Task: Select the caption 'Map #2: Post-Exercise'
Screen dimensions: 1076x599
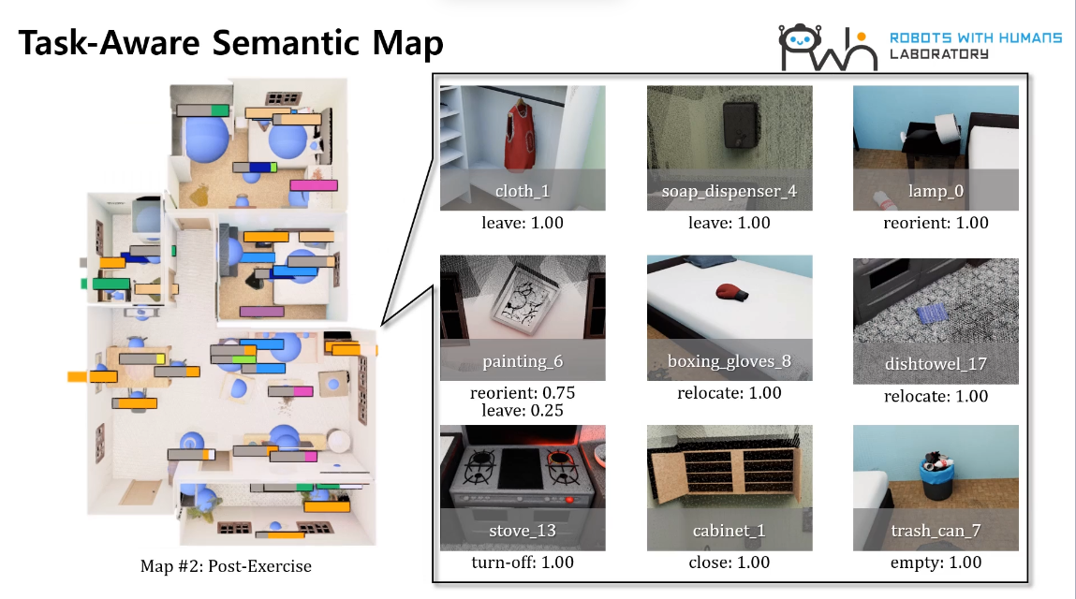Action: click(226, 566)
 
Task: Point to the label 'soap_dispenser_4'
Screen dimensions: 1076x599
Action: click(730, 192)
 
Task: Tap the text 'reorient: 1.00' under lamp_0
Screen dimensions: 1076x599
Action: click(936, 223)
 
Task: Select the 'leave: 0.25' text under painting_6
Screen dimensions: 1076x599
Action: click(523, 410)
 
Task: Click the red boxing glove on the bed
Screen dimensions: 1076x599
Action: click(730, 293)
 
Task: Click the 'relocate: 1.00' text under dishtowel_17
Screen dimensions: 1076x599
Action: click(936, 396)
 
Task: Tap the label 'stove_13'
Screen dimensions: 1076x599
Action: click(523, 531)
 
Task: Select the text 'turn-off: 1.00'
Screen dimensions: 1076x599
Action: click(523, 562)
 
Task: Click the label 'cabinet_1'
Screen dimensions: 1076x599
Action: click(730, 531)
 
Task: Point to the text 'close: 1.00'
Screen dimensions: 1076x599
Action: click(730, 562)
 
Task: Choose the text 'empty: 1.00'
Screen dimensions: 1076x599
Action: click(936, 562)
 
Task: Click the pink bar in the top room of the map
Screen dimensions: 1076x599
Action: click(314, 185)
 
